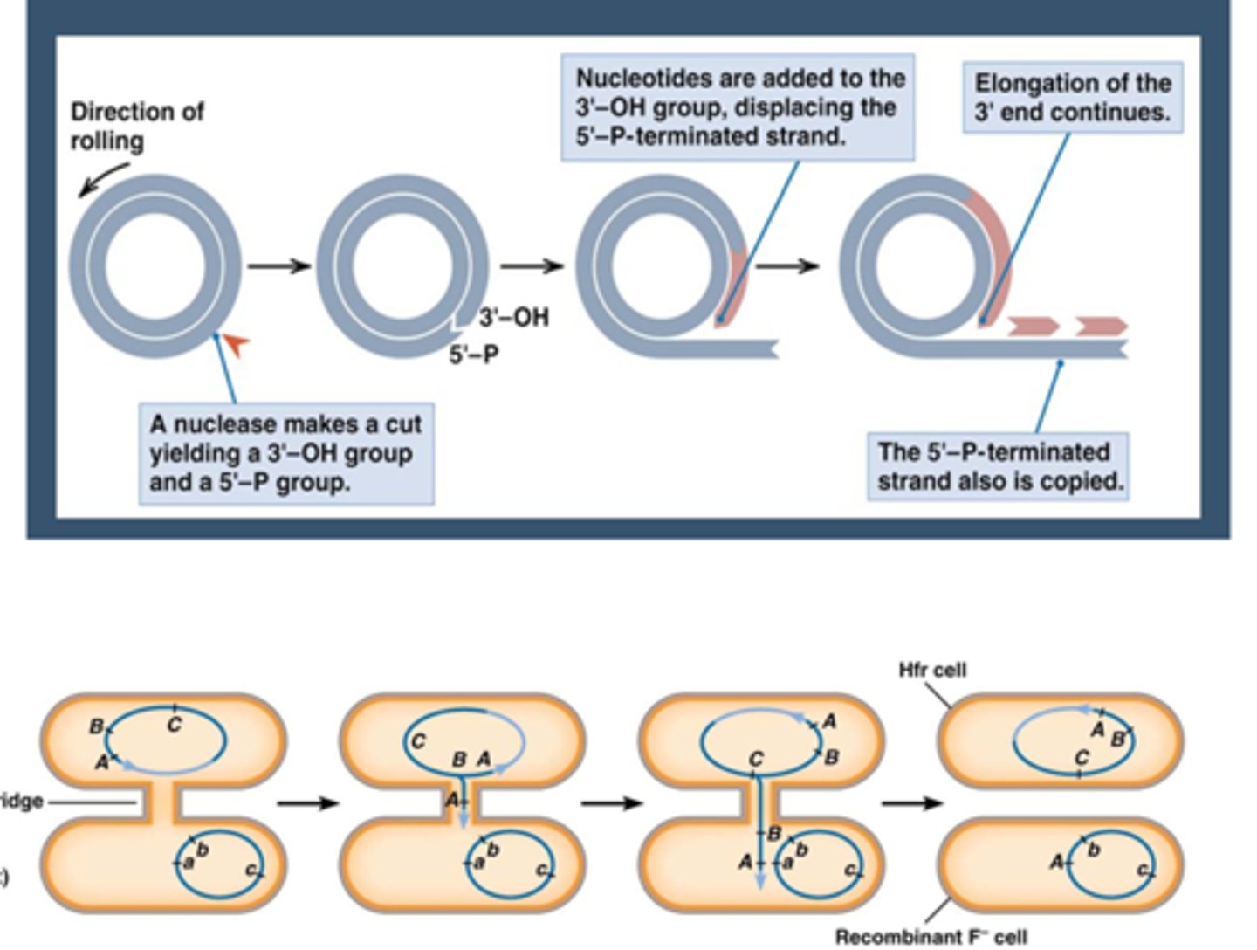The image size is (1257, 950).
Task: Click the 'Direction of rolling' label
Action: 136,126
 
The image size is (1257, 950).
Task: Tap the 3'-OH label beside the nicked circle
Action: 514,317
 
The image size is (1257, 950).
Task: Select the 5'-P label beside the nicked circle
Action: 473,355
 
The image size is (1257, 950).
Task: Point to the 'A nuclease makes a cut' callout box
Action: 285,452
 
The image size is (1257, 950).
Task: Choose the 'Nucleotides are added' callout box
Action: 738,107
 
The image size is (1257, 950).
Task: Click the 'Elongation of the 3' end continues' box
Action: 1072,97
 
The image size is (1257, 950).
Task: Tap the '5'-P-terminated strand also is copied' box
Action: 998,466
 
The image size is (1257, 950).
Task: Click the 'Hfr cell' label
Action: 932,670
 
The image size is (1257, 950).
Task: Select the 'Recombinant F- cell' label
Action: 931,937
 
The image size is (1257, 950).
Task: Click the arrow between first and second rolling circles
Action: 278,265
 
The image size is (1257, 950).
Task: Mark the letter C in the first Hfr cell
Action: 175,725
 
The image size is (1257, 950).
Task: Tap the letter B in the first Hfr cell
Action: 96,726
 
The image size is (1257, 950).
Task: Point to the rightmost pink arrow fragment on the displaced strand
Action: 1101,326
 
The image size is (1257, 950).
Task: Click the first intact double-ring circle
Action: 155,265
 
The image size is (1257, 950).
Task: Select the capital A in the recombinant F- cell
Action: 1056,862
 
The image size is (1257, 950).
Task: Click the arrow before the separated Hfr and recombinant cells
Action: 911,802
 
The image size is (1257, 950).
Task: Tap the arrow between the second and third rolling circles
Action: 532,265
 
